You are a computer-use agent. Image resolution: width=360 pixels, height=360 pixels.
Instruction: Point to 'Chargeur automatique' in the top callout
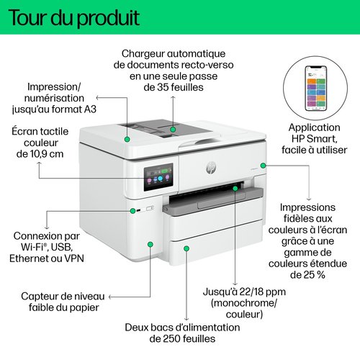pos(174,54)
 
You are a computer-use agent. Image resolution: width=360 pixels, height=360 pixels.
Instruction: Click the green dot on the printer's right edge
pos(264,166)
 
